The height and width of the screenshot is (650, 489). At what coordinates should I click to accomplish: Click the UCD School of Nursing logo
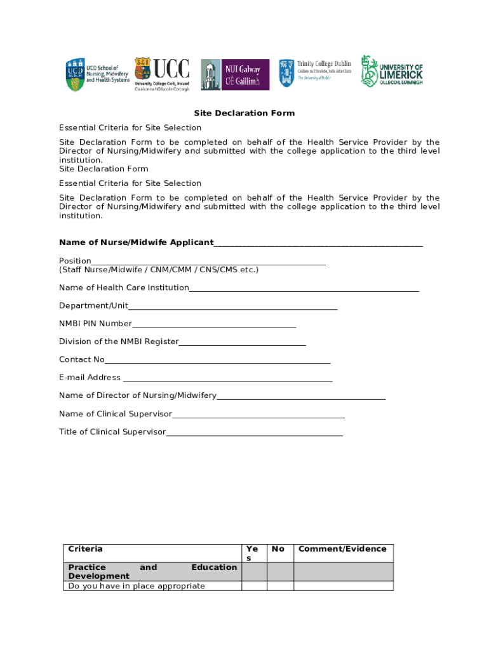(x=98, y=74)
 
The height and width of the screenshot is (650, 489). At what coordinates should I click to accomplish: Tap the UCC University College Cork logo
(x=161, y=74)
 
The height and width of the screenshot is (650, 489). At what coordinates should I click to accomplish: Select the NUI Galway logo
(x=235, y=74)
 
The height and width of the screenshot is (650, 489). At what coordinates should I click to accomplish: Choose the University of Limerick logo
(x=392, y=71)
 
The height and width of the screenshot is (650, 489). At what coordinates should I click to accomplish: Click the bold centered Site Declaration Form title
(x=245, y=113)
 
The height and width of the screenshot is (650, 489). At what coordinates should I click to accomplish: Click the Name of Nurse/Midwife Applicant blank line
(x=318, y=243)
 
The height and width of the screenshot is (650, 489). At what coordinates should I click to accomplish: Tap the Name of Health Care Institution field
(x=304, y=289)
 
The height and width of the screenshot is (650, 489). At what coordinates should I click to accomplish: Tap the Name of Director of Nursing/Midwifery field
(x=301, y=397)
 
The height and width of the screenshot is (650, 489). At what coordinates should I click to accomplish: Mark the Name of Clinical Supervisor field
(x=258, y=415)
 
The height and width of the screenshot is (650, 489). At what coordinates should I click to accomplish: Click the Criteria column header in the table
(x=86, y=549)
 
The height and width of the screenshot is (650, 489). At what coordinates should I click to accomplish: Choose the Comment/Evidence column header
(x=342, y=549)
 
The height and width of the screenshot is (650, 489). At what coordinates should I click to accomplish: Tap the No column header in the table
(x=278, y=549)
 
